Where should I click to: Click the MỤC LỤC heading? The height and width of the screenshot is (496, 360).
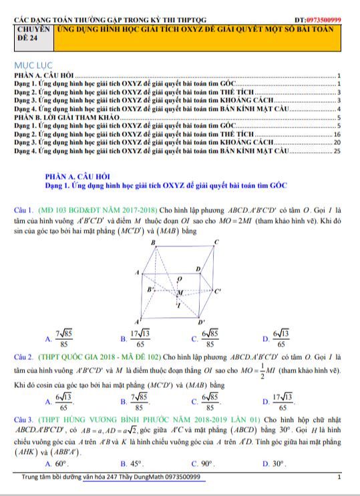coord(32,65)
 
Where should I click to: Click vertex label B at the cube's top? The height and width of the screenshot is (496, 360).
coord(152,242)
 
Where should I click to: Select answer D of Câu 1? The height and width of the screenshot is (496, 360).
coord(281,338)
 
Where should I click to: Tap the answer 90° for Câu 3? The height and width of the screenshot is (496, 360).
coord(206,463)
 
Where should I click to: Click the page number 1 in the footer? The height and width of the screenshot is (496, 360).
coord(339,477)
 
